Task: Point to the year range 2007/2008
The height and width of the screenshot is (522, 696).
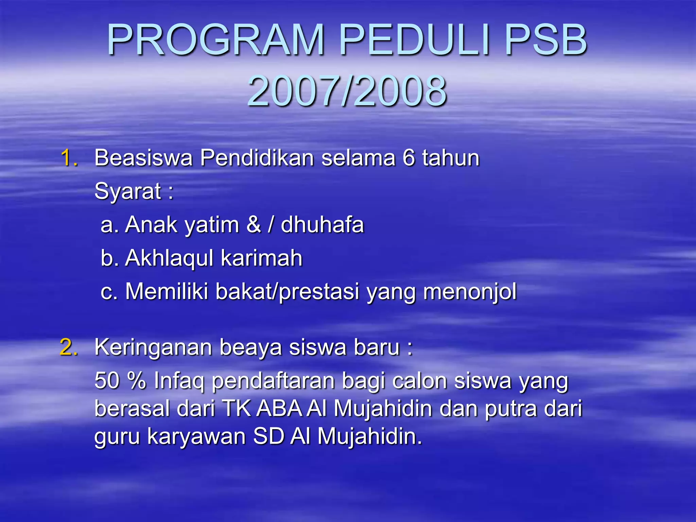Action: point(347,91)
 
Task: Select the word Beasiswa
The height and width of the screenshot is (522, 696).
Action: point(143,158)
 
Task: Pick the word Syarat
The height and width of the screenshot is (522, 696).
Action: point(128,191)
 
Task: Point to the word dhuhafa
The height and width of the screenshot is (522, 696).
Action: point(322,225)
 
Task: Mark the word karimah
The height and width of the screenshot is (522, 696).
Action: point(261,258)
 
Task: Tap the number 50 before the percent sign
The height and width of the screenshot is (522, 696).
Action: point(107,380)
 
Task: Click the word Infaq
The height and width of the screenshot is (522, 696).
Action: point(179,381)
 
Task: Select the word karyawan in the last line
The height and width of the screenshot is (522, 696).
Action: point(196,436)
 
